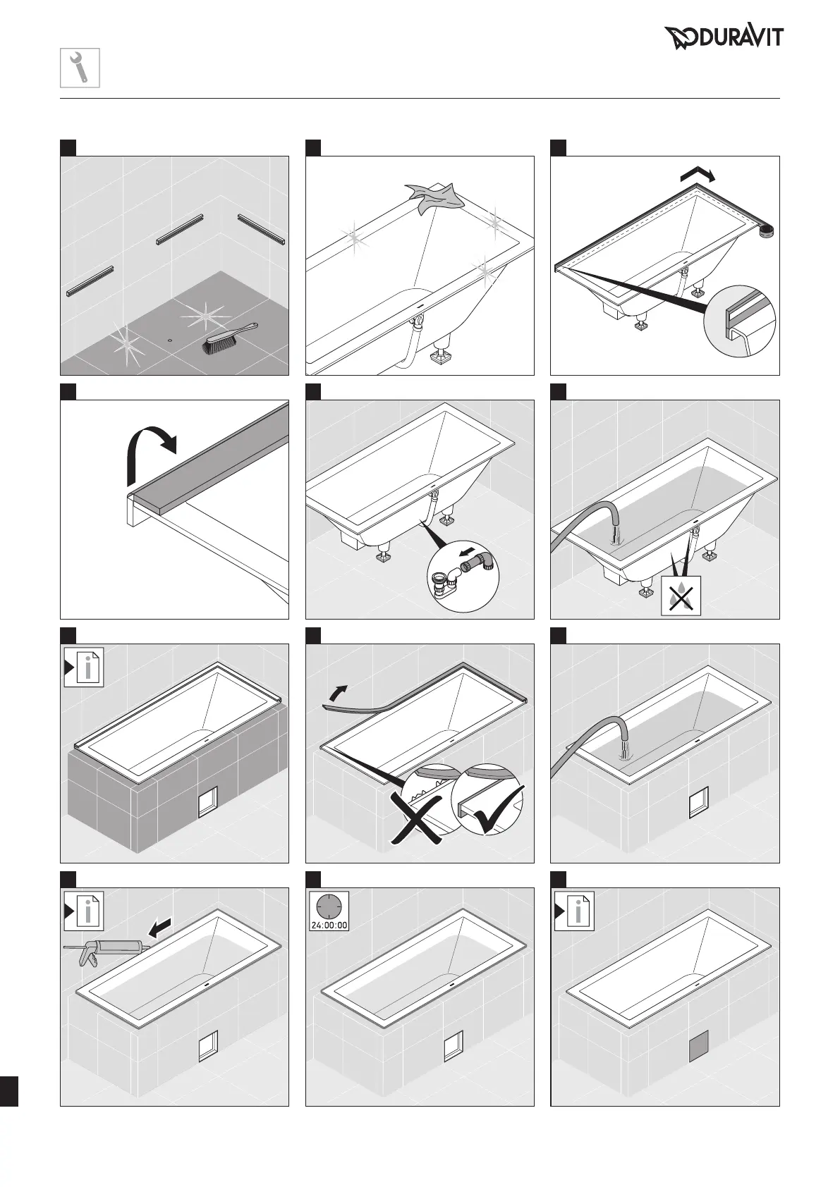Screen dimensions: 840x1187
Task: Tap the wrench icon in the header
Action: click(x=80, y=68)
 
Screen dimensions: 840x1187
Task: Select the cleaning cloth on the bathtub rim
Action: click(x=431, y=197)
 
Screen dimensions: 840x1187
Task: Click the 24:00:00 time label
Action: click(x=329, y=925)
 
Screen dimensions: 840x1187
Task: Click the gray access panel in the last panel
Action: click(x=698, y=1045)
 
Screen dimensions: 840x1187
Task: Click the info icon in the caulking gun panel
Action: click(x=84, y=911)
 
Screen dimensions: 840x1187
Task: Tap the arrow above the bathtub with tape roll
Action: click(x=697, y=174)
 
